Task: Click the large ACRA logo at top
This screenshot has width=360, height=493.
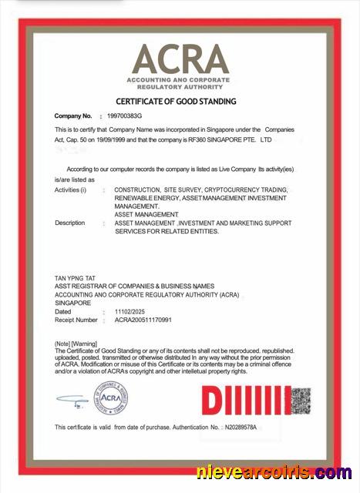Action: pyautogui.click(x=181, y=59)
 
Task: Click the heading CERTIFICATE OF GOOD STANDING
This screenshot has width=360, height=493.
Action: pyautogui.click(x=176, y=101)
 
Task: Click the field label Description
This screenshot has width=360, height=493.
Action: pyautogui.click(x=70, y=223)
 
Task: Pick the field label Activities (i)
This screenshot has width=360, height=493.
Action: pyautogui.click(x=70, y=189)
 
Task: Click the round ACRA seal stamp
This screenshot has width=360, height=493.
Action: pyautogui.click(x=111, y=398)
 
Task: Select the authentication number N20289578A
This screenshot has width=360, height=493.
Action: pyautogui.click(x=245, y=427)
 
